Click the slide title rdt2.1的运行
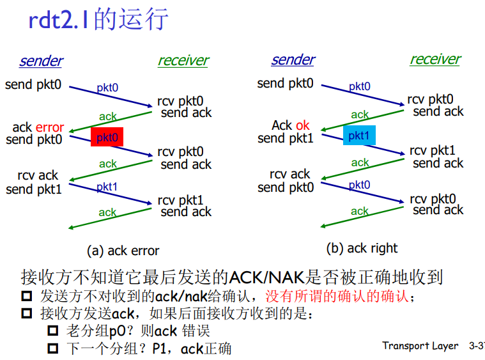point(99,20)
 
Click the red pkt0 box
point(107,137)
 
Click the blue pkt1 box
point(359,136)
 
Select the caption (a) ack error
point(123,251)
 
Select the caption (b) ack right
point(362,248)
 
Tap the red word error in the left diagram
point(50,127)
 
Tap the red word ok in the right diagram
point(302,125)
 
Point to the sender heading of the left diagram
point(41,61)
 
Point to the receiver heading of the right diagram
point(435,59)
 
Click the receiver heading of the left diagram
point(183,61)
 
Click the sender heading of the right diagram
point(293,60)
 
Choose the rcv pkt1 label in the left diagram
point(180,201)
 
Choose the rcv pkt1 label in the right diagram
point(433,150)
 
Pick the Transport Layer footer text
point(420,346)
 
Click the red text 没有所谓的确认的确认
point(336,297)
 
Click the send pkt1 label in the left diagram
point(34,189)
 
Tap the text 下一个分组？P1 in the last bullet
point(116,348)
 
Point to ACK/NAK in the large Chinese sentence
point(267,278)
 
